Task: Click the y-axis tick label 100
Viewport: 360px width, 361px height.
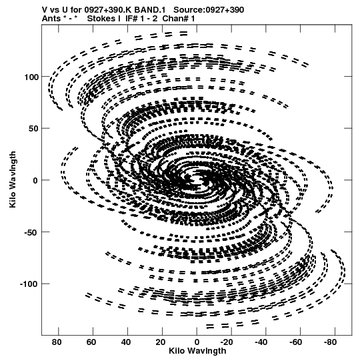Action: click(31, 77)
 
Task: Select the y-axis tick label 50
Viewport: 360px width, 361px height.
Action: click(33, 129)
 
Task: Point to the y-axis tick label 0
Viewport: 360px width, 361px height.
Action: click(35, 180)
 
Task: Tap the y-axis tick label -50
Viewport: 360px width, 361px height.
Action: click(31, 232)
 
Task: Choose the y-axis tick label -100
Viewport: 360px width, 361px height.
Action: click(29, 284)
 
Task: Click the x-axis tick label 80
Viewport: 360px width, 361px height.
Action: click(57, 342)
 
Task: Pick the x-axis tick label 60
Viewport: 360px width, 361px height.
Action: click(91, 342)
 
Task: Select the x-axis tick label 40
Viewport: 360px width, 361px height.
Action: click(126, 342)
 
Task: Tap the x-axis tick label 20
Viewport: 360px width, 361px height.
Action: click(160, 342)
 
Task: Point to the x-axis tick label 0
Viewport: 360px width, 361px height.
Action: click(197, 342)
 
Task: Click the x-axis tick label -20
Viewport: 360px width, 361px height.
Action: click(227, 342)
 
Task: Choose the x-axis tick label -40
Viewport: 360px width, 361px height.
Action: click(261, 342)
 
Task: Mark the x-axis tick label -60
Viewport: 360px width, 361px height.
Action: click(295, 342)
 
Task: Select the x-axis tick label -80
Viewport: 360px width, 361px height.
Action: click(330, 342)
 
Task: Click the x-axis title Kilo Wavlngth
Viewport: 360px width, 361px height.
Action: click(197, 351)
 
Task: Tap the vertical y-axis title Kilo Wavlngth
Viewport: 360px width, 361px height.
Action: click(13, 179)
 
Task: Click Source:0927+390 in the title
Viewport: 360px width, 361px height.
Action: click(209, 10)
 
